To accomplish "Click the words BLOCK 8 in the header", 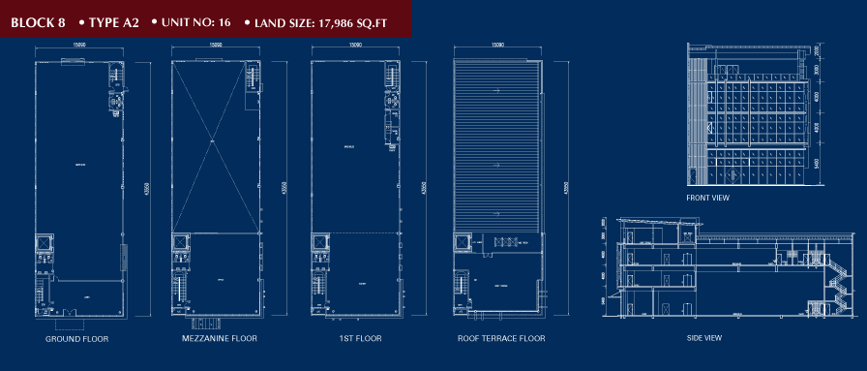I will tap(37, 18).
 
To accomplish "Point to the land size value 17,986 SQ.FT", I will tap(354, 18).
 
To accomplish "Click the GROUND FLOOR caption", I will tap(76, 339).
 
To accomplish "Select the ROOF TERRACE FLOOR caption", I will tap(501, 339).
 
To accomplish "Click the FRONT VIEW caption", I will tap(707, 198).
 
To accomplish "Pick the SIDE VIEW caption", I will tap(703, 338).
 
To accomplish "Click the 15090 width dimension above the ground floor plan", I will tap(77, 45).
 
